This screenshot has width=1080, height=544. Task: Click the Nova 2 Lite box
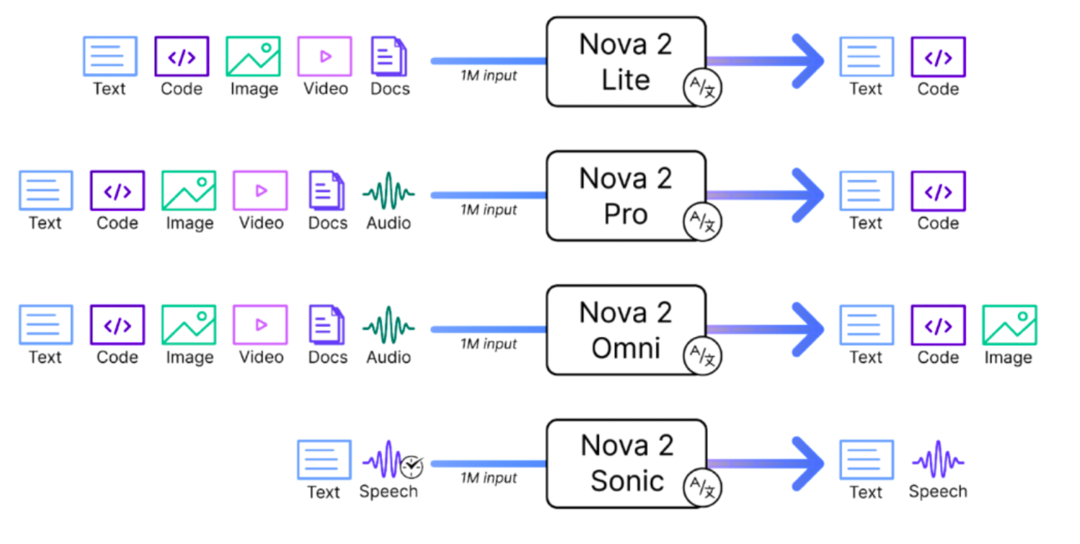tap(625, 62)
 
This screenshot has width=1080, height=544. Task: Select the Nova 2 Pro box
tap(625, 196)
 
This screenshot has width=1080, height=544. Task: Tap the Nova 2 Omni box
tap(625, 330)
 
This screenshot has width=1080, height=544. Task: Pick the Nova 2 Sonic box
tap(625, 463)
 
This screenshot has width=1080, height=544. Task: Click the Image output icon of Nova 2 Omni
tap(1009, 325)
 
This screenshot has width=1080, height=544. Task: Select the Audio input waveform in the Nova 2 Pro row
tap(388, 191)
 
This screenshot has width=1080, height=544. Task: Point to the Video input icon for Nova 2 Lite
tap(325, 57)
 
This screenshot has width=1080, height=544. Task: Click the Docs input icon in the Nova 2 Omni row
tap(326, 325)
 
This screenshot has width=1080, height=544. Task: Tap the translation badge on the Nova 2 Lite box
tap(702, 87)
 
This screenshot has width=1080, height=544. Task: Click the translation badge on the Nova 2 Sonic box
tap(702, 488)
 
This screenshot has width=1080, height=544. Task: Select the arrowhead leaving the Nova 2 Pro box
tap(808, 196)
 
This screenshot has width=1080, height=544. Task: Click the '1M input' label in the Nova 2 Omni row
tap(488, 344)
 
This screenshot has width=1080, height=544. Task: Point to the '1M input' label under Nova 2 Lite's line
tap(488, 76)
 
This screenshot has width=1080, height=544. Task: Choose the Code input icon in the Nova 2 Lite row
tap(181, 57)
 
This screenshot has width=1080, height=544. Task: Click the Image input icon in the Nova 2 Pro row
tap(188, 191)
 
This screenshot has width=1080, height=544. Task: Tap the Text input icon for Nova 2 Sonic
tap(324, 459)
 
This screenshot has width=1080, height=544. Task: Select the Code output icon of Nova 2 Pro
tap(937, 191)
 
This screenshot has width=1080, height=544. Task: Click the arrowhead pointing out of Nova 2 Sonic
tap(808, 463)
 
